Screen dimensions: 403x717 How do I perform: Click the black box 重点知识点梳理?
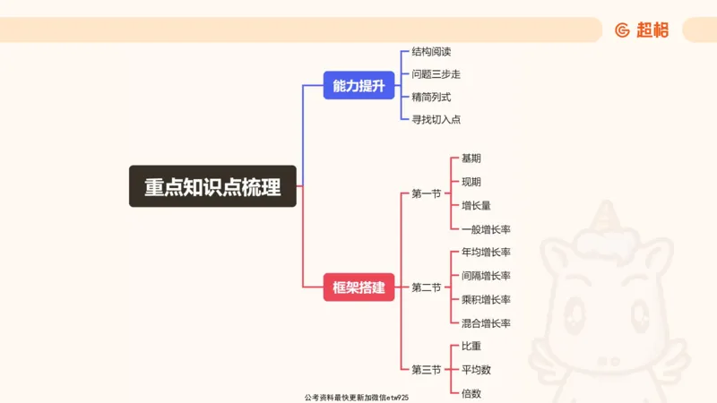pos(212,186)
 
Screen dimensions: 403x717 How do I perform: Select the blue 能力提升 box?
pos(358,86)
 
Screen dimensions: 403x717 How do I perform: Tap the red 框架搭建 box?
pos(358,287)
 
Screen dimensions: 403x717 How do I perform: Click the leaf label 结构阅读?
pos(431,52)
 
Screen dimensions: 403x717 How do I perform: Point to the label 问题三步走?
pos(436,74)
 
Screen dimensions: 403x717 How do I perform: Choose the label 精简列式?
pos(431,97)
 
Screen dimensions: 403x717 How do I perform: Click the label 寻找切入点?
pos(436,119)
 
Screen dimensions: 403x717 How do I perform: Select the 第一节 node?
pos(427,193)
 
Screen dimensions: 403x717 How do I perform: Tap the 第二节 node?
pos(427,287)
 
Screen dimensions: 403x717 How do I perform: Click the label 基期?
pos(471,159)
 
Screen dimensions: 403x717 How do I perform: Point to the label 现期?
pos(471,182)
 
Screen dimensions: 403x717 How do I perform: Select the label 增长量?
pos(476,205)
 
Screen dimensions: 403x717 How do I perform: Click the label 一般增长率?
pos(486,229)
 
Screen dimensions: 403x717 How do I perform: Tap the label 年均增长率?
pos(486,253)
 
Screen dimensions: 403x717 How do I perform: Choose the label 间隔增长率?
pos(486,276)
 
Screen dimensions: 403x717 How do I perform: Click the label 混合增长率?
pos(486,322)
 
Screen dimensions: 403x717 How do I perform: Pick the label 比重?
pos(471,346)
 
